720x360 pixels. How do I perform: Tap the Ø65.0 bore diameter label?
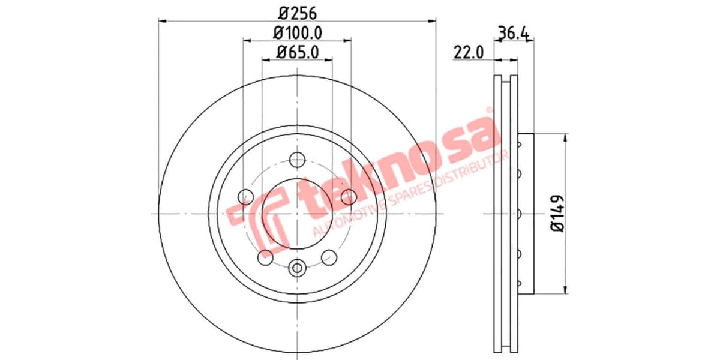[297, 52]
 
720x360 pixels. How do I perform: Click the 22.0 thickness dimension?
[469, 53]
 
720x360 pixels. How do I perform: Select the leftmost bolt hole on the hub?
[245, 196]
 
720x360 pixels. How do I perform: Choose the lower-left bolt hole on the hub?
[265, 257]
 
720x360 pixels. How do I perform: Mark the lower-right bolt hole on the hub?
[329, 257]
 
